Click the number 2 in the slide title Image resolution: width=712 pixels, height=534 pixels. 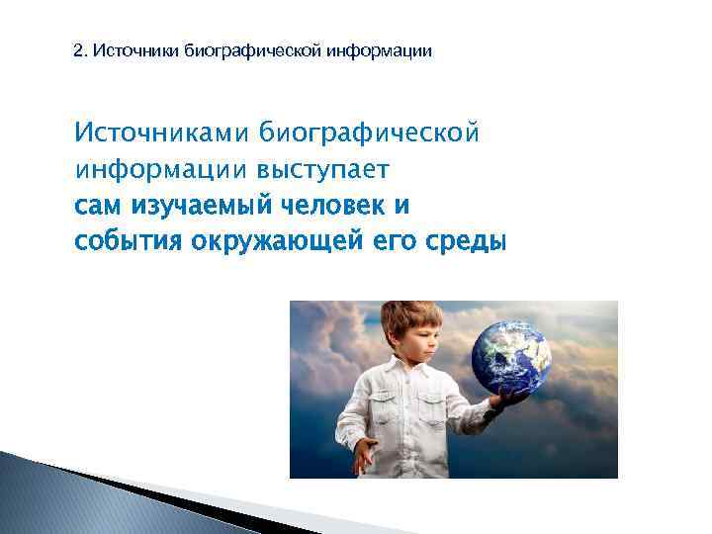(x=79, y=49)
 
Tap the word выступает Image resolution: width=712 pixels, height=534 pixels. (x=324, y=169)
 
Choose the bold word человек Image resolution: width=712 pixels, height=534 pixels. (x=324, y=206)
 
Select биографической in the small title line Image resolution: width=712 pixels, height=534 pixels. (x=247, y=49)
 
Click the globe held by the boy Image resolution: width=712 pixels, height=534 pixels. (x=510, y=353)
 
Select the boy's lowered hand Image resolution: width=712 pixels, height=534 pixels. (x=363, y=454)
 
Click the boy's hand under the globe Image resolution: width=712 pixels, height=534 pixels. (x=509, y=398)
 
